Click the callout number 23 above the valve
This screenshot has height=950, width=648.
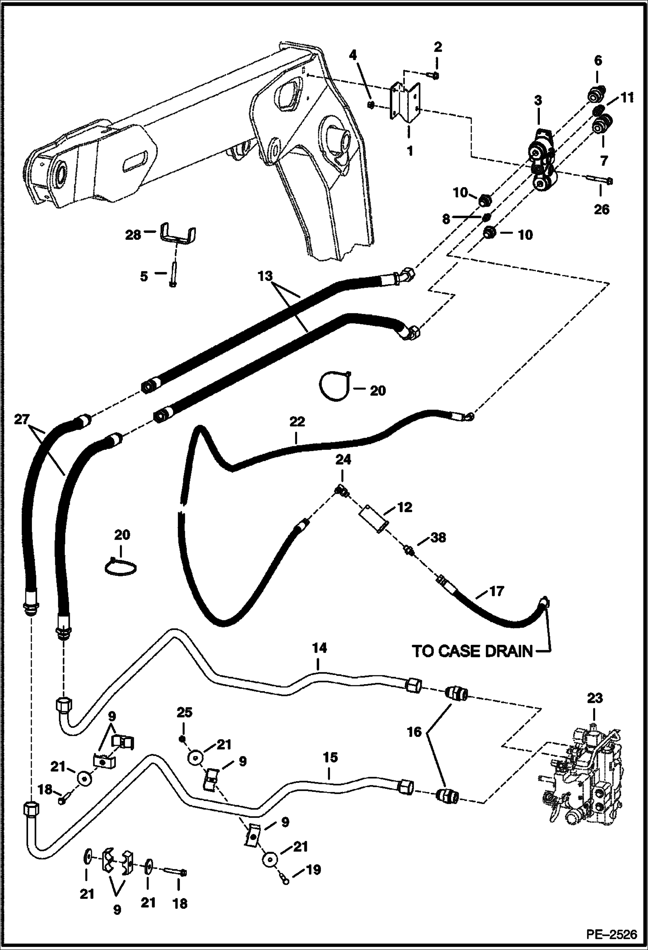tap(595, 698)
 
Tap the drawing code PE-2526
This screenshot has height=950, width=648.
tap(612, 935)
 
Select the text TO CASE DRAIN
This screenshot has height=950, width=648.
tap(472, 663)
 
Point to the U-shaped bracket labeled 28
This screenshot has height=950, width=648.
tap(178, 235)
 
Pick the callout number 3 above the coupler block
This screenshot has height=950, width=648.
tap(538, 101)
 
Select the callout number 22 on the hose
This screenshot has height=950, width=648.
tap(297, 421)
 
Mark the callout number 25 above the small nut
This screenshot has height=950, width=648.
tap(184, 712)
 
